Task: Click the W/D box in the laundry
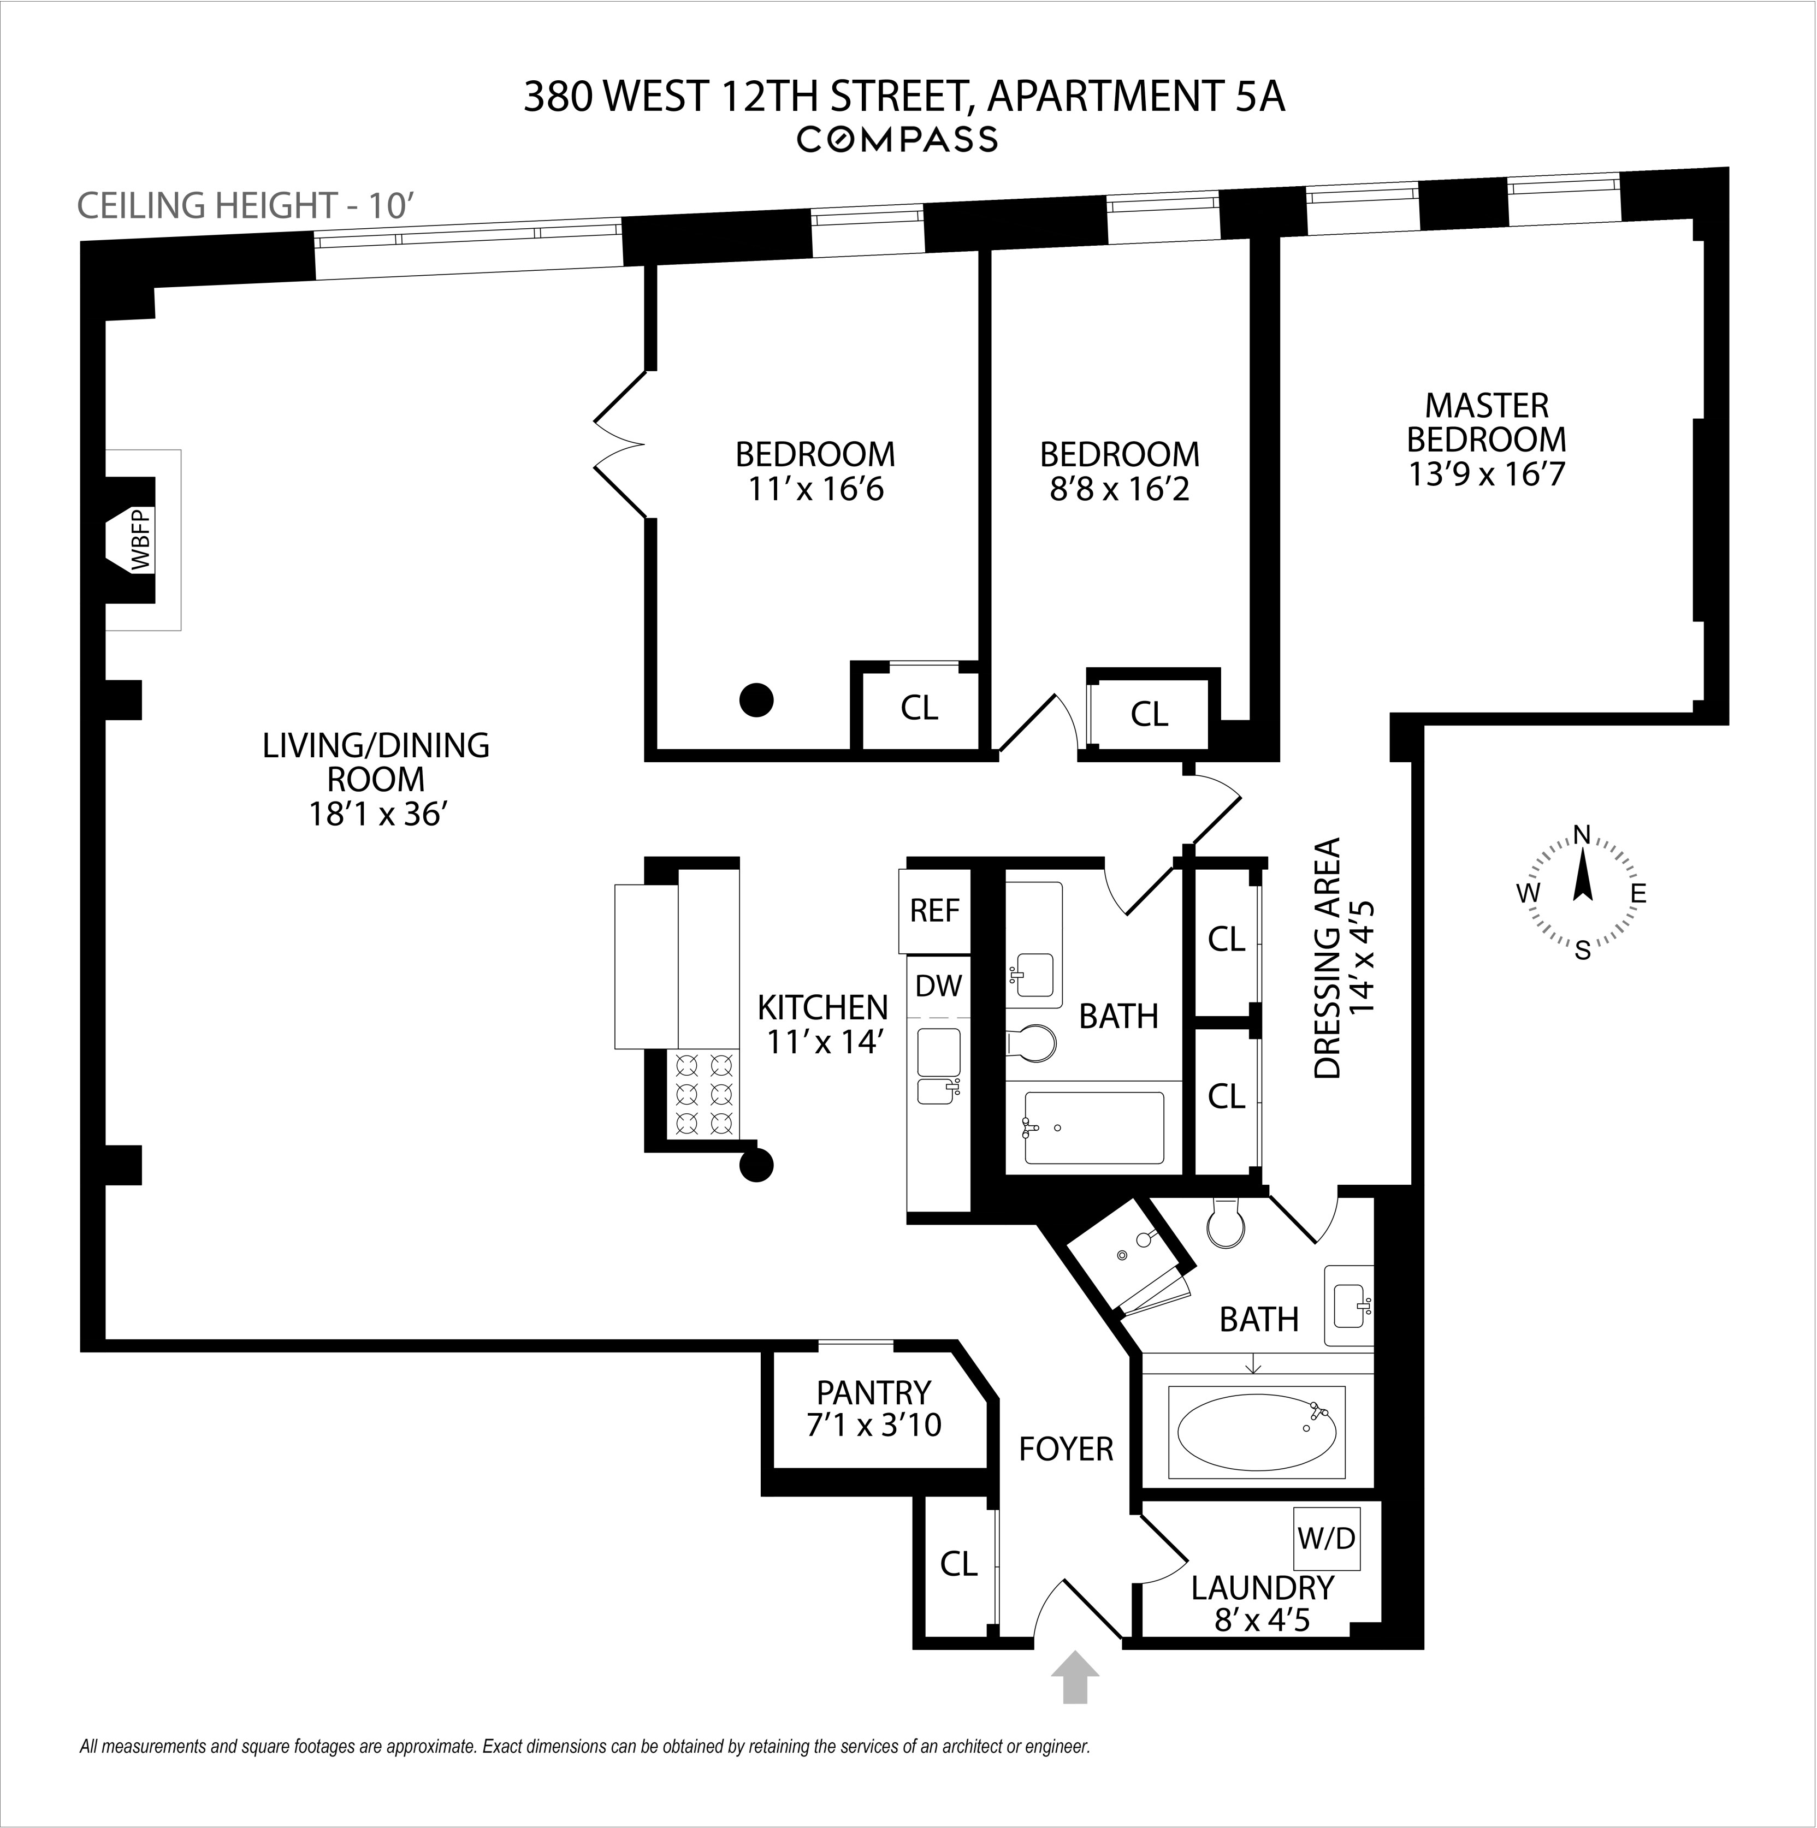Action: [x=1326, y=1539]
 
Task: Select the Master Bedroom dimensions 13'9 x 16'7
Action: [x=1487, y=473]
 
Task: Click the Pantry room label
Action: [x=873, y=1393]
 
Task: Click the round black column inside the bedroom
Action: [x=756, y=700]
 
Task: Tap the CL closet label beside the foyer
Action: [x=958, y=1564]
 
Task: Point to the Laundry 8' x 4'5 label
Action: [x=1263, y=1603]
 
